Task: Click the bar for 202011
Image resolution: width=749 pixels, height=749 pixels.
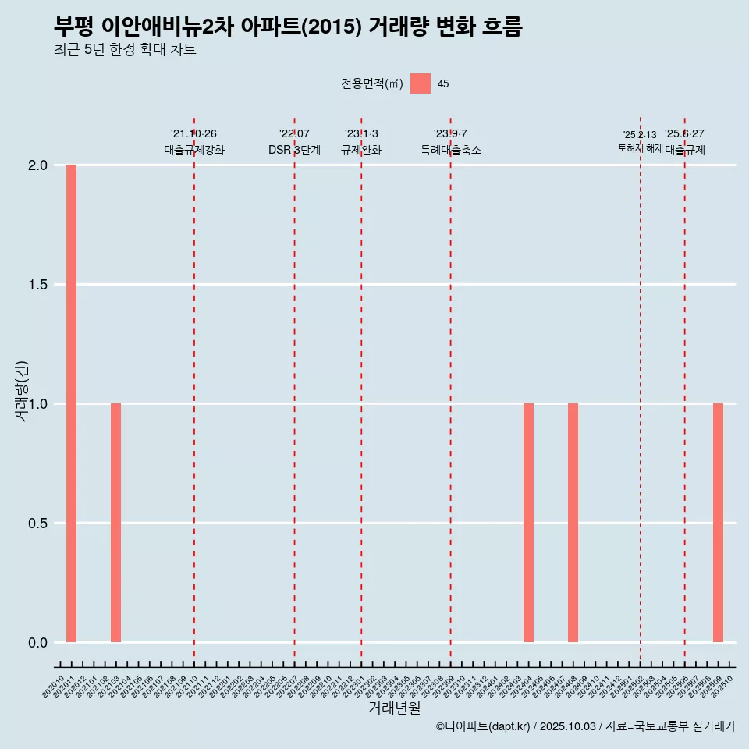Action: (x=71, y=403)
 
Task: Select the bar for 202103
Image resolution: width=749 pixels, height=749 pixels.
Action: (x=115, y=523)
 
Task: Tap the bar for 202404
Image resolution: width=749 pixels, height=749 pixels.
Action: (x=528, y=523)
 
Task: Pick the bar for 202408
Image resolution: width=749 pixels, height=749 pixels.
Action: (x=573, y=523)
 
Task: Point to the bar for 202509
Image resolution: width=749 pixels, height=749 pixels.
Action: (x=718, y=523)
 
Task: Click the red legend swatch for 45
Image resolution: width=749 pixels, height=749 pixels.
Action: (x=421, y=83)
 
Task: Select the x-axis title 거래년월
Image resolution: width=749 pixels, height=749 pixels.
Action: (x=394, y=708)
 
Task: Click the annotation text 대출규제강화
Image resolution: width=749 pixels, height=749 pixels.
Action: (x=194, y=150)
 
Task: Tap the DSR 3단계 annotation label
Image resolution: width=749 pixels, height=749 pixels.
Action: (x=294, y=150)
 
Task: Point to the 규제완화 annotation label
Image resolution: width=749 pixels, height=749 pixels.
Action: (x=361, y=150)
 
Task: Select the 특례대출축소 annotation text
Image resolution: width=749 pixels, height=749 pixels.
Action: (x=451, y=150)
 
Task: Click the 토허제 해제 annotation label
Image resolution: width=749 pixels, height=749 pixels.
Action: (x=640, y=148)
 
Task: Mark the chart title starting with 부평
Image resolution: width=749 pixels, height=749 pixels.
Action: (x=288, y=27)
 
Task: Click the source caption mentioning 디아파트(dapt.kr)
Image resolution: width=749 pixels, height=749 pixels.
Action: (x=585, y=726)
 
